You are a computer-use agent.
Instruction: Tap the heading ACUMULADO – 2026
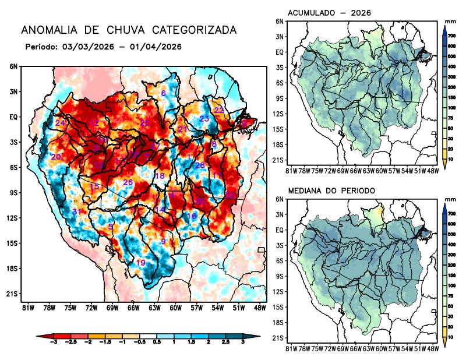tap(330, 13)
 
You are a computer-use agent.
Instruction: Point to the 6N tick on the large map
tap(13, 66)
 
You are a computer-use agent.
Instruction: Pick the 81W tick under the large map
tap(27, 307)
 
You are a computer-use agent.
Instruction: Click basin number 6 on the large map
tap(163, 93)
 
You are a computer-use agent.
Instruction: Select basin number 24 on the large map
tap(60, 123)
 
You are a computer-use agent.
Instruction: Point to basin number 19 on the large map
tap(140, 263)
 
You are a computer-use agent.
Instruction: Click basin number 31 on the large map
tap(76, 211)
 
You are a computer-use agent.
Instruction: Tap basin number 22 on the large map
tap(219, 110)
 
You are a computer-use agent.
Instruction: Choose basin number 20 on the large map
tap(56, 157)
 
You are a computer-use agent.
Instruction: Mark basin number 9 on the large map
tap(164, 241)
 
